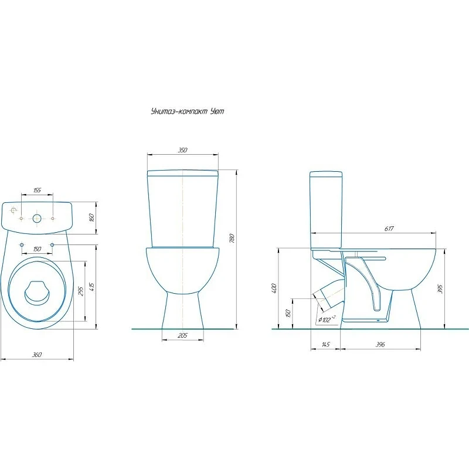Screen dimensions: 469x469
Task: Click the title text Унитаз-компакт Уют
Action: tap(188, 111)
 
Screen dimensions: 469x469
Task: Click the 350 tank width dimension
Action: tap(182, 150)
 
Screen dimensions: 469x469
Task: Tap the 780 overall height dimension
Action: tap(232, 238)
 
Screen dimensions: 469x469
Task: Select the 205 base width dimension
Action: tap(182, 335)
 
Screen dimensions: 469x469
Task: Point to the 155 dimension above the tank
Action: tap(37, 190)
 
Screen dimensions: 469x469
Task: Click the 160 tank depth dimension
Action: tap(92, 217)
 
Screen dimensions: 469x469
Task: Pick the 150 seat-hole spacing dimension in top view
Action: tap(37, 249)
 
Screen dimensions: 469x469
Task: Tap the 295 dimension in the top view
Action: tap(81, 291)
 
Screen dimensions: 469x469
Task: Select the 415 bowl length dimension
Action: tap(91, 287)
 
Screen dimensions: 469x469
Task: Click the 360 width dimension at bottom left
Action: tap(37, 355)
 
